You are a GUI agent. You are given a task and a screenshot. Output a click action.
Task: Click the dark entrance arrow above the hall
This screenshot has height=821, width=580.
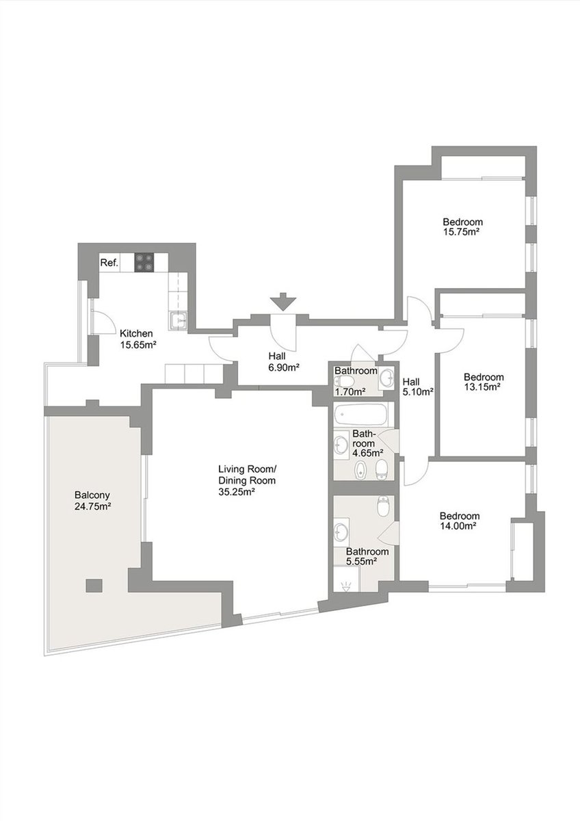coord(283,302)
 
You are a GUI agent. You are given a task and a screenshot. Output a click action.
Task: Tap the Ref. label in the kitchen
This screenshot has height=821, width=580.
coord(109,263)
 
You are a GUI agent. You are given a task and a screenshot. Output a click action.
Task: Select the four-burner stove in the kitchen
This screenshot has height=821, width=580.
coord(145,263)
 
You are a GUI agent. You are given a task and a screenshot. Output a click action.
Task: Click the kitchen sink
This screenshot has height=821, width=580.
coord(179,320)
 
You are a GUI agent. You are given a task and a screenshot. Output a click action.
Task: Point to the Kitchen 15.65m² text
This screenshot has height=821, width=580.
coord(137,339)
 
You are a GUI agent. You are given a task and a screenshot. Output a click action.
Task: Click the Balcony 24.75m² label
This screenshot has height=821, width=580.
coord(93,501)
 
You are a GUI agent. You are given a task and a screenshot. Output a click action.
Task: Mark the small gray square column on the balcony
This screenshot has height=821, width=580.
coord(94,586)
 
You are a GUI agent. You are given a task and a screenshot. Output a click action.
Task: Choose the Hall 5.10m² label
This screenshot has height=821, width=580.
coord(418,387)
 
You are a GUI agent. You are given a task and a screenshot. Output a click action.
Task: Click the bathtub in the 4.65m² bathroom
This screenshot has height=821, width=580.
coord(360,414)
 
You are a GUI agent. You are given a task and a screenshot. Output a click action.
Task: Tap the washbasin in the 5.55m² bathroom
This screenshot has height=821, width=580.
coord(341,532)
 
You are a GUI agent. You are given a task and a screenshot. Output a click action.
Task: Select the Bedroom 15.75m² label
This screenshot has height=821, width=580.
coord(463,227)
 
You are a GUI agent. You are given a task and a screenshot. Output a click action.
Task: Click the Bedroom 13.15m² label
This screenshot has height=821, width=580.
coord(484,382)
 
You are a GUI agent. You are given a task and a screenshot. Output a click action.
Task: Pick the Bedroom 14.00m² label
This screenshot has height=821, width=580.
coord(460,521)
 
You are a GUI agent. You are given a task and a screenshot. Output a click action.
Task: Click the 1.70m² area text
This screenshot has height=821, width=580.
coord(350,391)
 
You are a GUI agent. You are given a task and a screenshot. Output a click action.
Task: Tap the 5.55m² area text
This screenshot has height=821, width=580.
coord(362,561)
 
